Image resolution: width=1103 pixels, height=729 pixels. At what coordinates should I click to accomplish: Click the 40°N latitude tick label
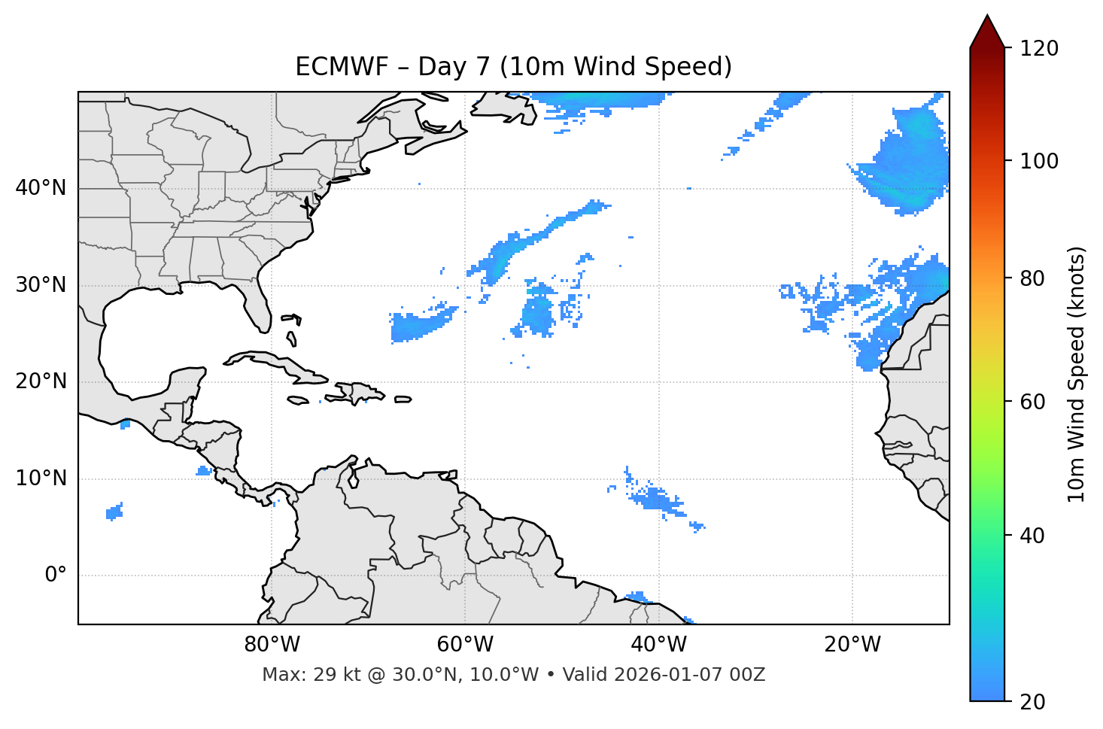tap(41, 188)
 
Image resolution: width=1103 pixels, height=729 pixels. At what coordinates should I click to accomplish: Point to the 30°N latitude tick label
tap(41, 285)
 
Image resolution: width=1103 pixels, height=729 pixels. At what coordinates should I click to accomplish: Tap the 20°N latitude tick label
tap(41, 381)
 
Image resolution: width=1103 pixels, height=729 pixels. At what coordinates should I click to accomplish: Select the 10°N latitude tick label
tap(41, 478)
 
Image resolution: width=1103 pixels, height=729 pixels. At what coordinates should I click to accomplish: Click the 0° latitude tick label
tap(56, 576)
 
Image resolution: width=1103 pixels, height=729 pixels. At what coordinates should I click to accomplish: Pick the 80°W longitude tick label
tap(272, 645)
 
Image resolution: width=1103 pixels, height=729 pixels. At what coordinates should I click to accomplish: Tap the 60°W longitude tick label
tap(465, 645)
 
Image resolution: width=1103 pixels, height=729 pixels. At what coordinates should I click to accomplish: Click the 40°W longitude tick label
tap(658, 645)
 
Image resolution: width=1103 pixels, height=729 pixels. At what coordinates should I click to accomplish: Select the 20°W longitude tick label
tap(852, 645)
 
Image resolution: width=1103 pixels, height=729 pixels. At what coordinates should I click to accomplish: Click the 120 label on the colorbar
tap(1039, 49)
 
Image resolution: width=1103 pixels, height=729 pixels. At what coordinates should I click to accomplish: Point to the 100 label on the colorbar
tap(1039, 161)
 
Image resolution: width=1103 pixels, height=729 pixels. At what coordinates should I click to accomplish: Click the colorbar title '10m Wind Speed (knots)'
tap(1077, 374)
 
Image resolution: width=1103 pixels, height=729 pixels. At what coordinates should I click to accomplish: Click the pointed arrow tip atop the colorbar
tap(987, 18)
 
